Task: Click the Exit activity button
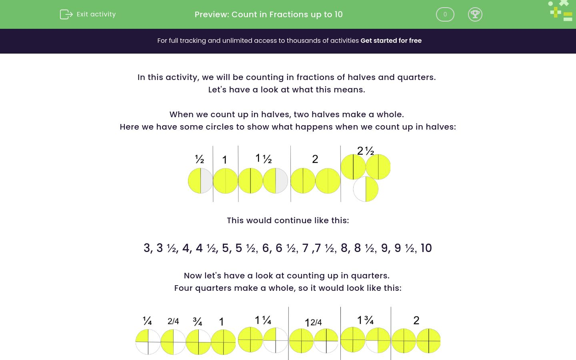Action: (x=88, y=14)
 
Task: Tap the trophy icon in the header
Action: (x=475, y=14)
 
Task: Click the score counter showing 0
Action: (x=445, y=14)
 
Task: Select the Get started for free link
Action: (x=391, y=40)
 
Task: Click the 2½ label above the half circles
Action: (x=366, y=151)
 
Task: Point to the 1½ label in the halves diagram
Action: (x=264, y=158)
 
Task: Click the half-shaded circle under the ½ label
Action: (x=200, y=181)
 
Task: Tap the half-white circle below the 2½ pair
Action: (x=366, y=189)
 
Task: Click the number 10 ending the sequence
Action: (x=426, y=248)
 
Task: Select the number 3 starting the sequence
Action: (x=147, y=248)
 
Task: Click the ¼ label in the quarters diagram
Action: (x=147, y=321)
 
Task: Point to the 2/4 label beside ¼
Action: (x=173, y=321)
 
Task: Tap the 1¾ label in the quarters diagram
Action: (x=365, y=320)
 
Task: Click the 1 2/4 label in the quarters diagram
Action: (x=313, y=322)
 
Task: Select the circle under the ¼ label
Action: (x=148, y=342)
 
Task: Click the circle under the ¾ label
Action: (x=198, y=342)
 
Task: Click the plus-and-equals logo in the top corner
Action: (x=561, y=11)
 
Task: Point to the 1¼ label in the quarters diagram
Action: (x=263, y=320)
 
